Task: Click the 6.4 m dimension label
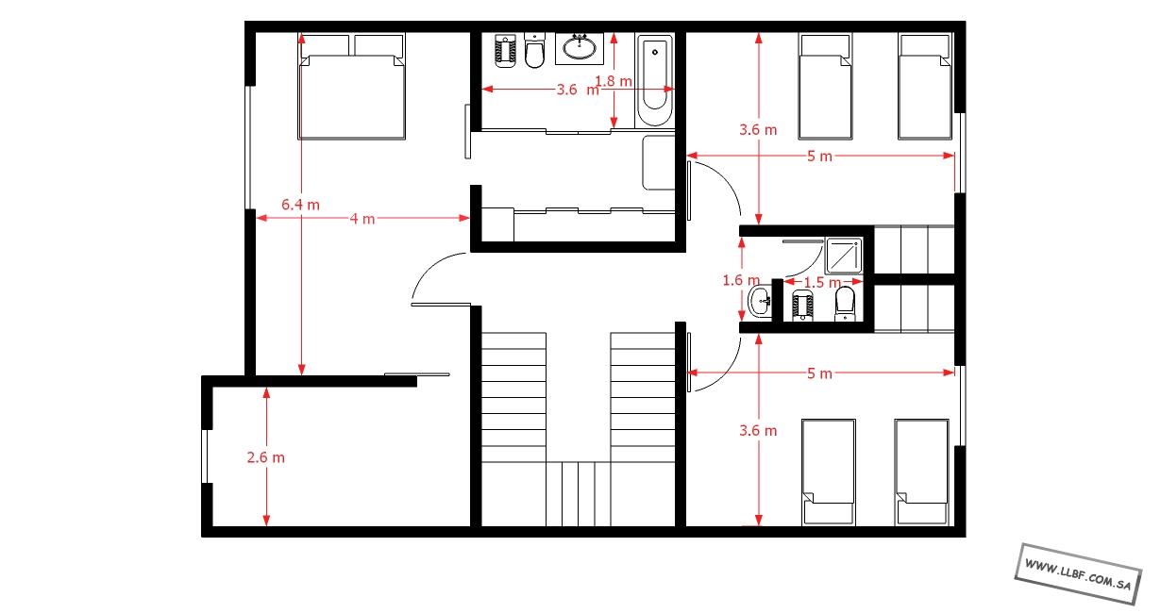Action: pos(300,205)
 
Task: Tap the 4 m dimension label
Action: pos(362,219)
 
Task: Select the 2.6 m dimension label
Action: pos(265,457)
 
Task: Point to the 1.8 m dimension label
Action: pos(614,81)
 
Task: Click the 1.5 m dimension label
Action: pos(822,282)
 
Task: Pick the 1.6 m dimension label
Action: pos(741,280)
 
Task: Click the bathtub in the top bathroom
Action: pos(655,80)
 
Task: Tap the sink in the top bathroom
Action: pos(580,49)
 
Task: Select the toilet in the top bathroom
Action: pos(534,50)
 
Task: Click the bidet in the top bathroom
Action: pos(505,51)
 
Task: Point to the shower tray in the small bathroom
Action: pos(844,256)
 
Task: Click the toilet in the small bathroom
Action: pos(845,304)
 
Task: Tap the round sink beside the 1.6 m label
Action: pos(761,300)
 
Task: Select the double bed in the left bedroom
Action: pos(351,87)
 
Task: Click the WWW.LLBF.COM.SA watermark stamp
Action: pos(1078,574)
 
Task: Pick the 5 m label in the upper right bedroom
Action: pos(819,156)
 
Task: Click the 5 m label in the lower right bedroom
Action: pos(819,373)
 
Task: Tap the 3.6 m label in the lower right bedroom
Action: pos(758,430)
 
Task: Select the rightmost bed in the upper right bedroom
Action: pos(925,87)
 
